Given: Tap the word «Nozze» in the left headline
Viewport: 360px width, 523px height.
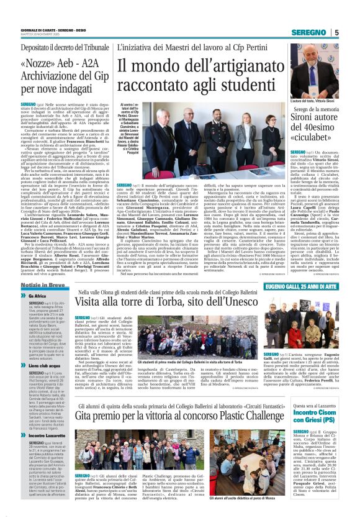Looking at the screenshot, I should point(38,64).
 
